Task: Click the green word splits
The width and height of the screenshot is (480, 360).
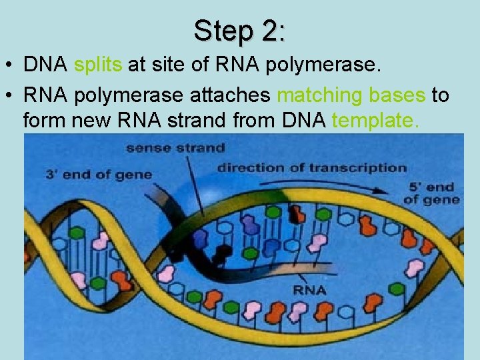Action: tap(97, 65)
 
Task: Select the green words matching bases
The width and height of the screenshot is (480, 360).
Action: tap(351, 96)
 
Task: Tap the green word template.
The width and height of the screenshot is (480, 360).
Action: tap(377, 121)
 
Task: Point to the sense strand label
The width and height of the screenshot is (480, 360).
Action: tap(175, 147)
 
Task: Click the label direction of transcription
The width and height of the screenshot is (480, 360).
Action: tap(311, 167)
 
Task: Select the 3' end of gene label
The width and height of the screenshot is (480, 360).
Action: tap(99, 175)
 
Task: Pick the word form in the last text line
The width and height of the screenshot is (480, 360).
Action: tap(42, 121)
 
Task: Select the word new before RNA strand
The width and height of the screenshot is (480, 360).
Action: tap(88, 121)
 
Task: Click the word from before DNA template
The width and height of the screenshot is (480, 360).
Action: tap(257, 121)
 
